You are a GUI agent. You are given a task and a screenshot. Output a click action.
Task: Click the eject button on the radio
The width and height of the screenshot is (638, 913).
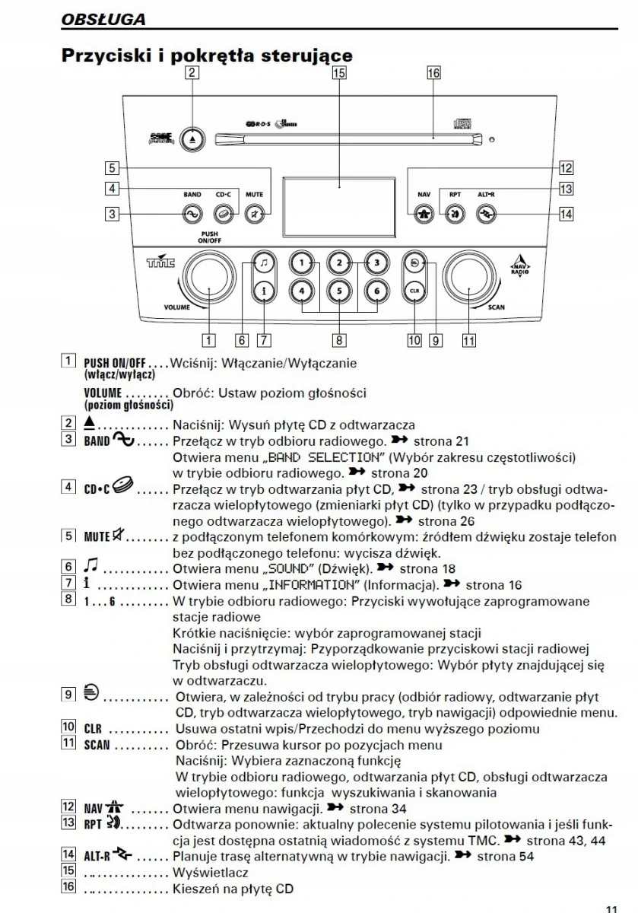(192, 139)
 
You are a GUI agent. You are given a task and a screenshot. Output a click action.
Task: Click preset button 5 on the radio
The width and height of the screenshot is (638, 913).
(339, 289)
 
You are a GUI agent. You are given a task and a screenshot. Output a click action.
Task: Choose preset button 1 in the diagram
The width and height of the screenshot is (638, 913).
(302, 263)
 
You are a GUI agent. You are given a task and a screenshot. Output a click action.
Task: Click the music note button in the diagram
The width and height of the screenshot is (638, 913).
(262, 263)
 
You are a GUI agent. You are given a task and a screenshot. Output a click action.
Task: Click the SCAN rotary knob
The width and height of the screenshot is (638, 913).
(469, 278)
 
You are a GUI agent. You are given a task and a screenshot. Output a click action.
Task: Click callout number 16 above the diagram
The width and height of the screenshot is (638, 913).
(433, 73)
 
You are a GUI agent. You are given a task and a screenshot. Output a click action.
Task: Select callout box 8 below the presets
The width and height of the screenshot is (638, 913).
(339, 340)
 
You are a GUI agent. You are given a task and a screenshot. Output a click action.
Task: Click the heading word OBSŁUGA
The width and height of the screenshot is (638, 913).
(103, 19)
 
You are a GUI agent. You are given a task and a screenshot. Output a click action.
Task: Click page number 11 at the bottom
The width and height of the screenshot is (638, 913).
(611, 907)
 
